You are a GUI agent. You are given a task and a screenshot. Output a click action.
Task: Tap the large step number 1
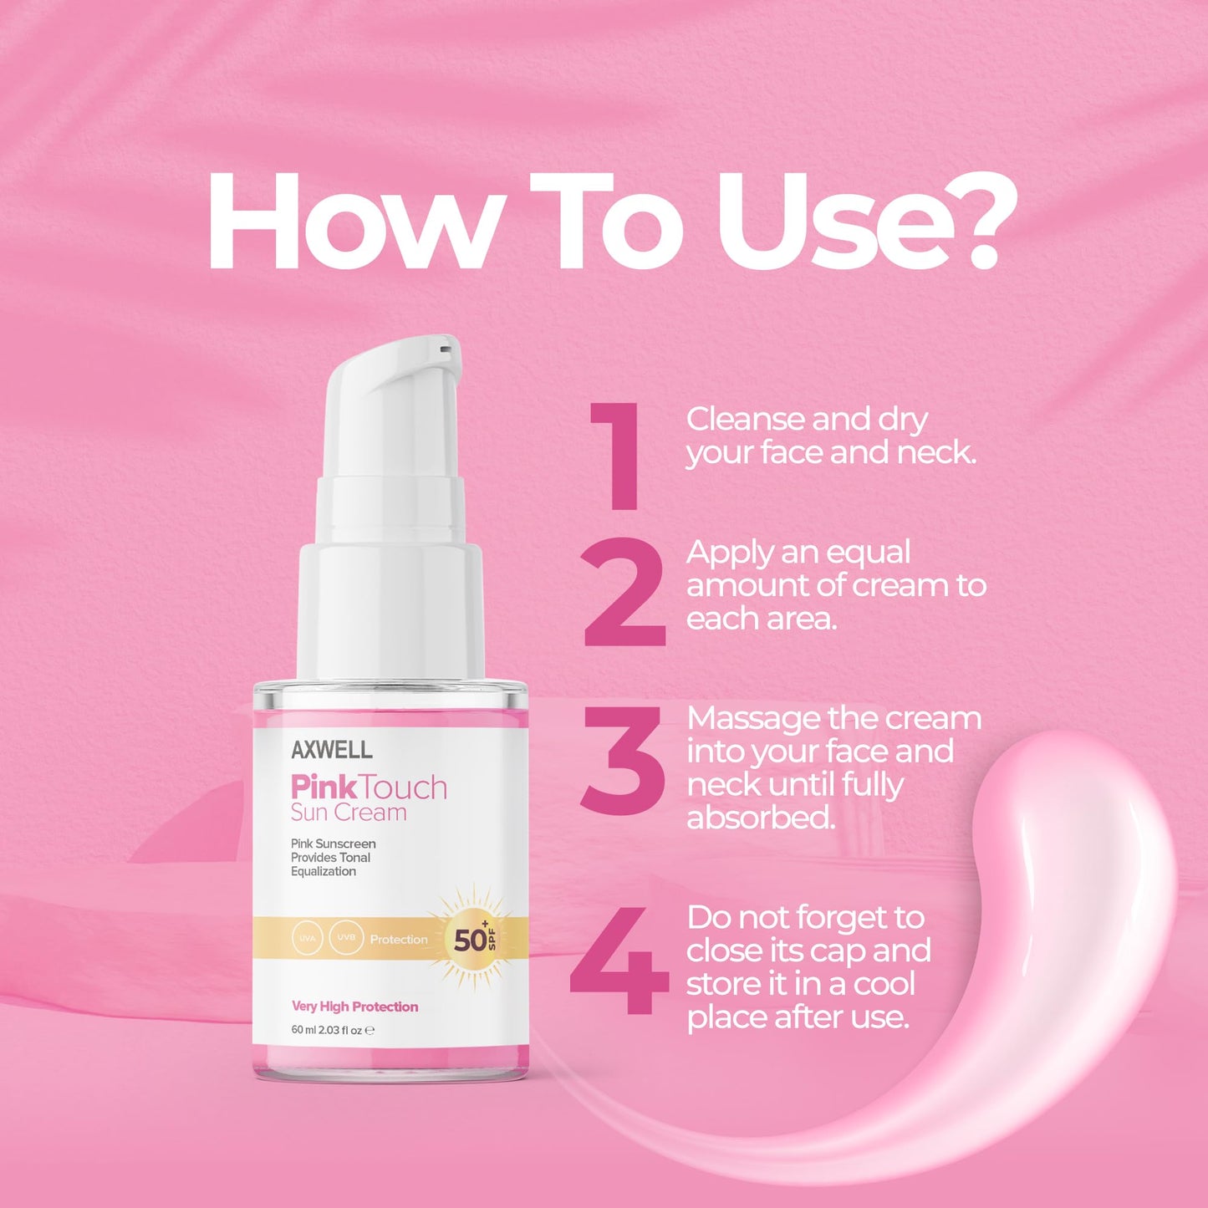[x=619, y=456]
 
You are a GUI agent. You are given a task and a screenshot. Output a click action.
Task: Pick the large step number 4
[x=619, y=961]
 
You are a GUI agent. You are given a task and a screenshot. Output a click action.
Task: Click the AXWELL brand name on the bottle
[x=332, y=750]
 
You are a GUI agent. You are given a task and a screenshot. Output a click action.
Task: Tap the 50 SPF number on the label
[x=471, y=940]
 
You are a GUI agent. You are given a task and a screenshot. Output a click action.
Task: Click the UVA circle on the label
[x=308, y=938]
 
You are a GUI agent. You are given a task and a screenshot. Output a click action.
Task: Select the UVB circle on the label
[x=346, y=937]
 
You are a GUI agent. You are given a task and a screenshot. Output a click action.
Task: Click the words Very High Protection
[x=354, y=1007]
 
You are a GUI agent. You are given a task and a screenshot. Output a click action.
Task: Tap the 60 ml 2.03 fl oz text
[x=327, y=1030]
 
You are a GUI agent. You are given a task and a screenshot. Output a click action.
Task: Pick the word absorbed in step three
[x=761, y=818]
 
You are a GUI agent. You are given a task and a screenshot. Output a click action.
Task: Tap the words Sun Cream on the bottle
[x=349, y=813]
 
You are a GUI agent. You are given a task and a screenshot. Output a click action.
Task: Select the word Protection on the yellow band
[x=399, y=940]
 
